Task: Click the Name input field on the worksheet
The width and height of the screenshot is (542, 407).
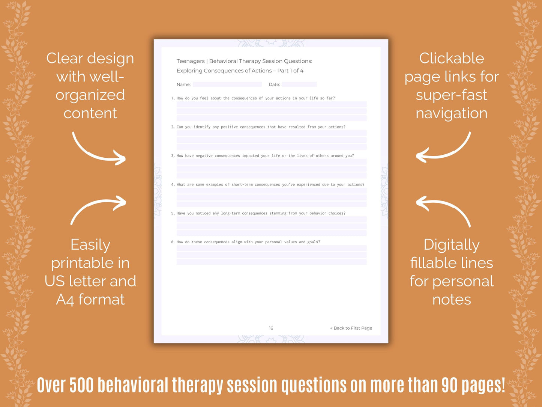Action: tap(227, 84)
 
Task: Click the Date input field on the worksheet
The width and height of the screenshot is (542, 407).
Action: tap(299, 84)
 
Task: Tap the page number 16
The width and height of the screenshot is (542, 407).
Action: tap(271, 328)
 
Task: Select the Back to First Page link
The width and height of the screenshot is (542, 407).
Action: tap(351, 328)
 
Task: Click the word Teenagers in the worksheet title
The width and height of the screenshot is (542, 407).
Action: tap(191, 61)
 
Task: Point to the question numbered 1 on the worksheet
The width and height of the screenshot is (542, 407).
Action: tap(253, 98)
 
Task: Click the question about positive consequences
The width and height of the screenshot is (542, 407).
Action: tap(258, 127)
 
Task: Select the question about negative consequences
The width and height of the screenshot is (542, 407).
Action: tap(263, 156)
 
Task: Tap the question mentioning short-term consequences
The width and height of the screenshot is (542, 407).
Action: tap(268, 185)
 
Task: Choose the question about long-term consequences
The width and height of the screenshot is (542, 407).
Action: tap(258, 213)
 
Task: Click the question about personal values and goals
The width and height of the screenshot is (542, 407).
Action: tap(246, 242)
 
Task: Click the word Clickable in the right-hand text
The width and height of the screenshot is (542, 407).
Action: tap(452, 59)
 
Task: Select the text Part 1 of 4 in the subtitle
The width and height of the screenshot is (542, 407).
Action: tap(290, 71)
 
